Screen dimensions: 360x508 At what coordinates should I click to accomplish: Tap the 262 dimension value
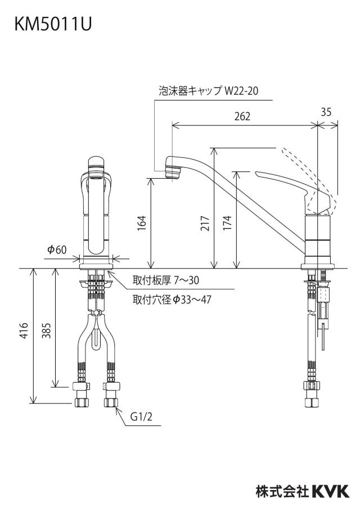pos(242,116)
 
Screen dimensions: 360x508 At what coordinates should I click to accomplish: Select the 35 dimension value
pos(326,112)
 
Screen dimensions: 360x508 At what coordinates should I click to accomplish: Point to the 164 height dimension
pos(142,223)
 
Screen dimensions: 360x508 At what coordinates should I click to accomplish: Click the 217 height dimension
pos(205,223)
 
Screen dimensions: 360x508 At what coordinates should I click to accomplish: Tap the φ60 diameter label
pos(57,250)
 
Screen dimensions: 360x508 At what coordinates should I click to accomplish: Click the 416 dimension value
pos(24,330)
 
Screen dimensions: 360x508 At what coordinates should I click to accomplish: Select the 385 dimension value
pos(47,330)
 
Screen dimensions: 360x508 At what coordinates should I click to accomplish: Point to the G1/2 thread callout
pos(141,416)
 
